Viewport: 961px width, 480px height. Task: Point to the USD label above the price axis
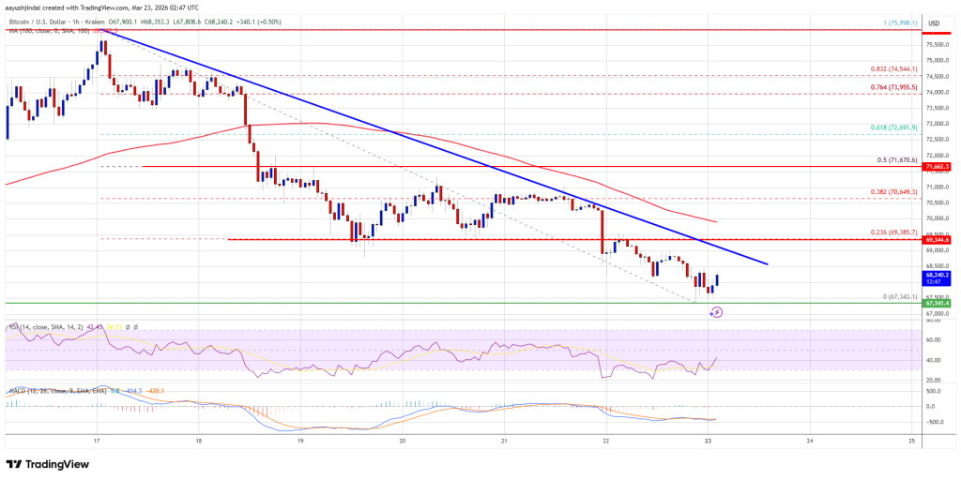(x=934, y=23)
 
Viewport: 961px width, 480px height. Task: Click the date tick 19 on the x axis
(x=300, y=440)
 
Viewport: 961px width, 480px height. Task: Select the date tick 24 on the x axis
(x=810, y=440)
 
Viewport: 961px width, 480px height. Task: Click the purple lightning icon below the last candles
(x=716, y=312)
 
